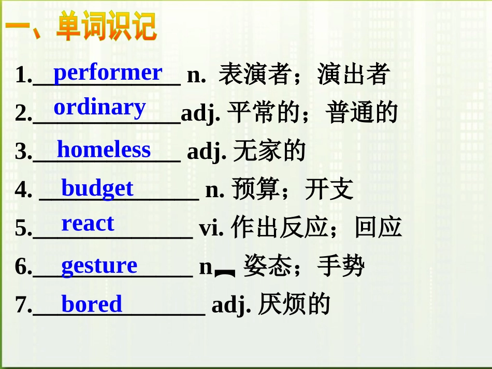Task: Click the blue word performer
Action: pos(108,73)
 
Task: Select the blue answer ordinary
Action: pos(99,108)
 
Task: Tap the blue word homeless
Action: pos(104,150)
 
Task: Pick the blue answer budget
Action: pos(97,188)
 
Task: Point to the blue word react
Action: pos(88,224)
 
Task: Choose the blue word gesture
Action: pos(99,265)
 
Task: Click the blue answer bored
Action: pos(92,304)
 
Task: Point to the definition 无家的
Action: pos(269,151)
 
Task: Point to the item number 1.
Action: pos(22,75)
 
